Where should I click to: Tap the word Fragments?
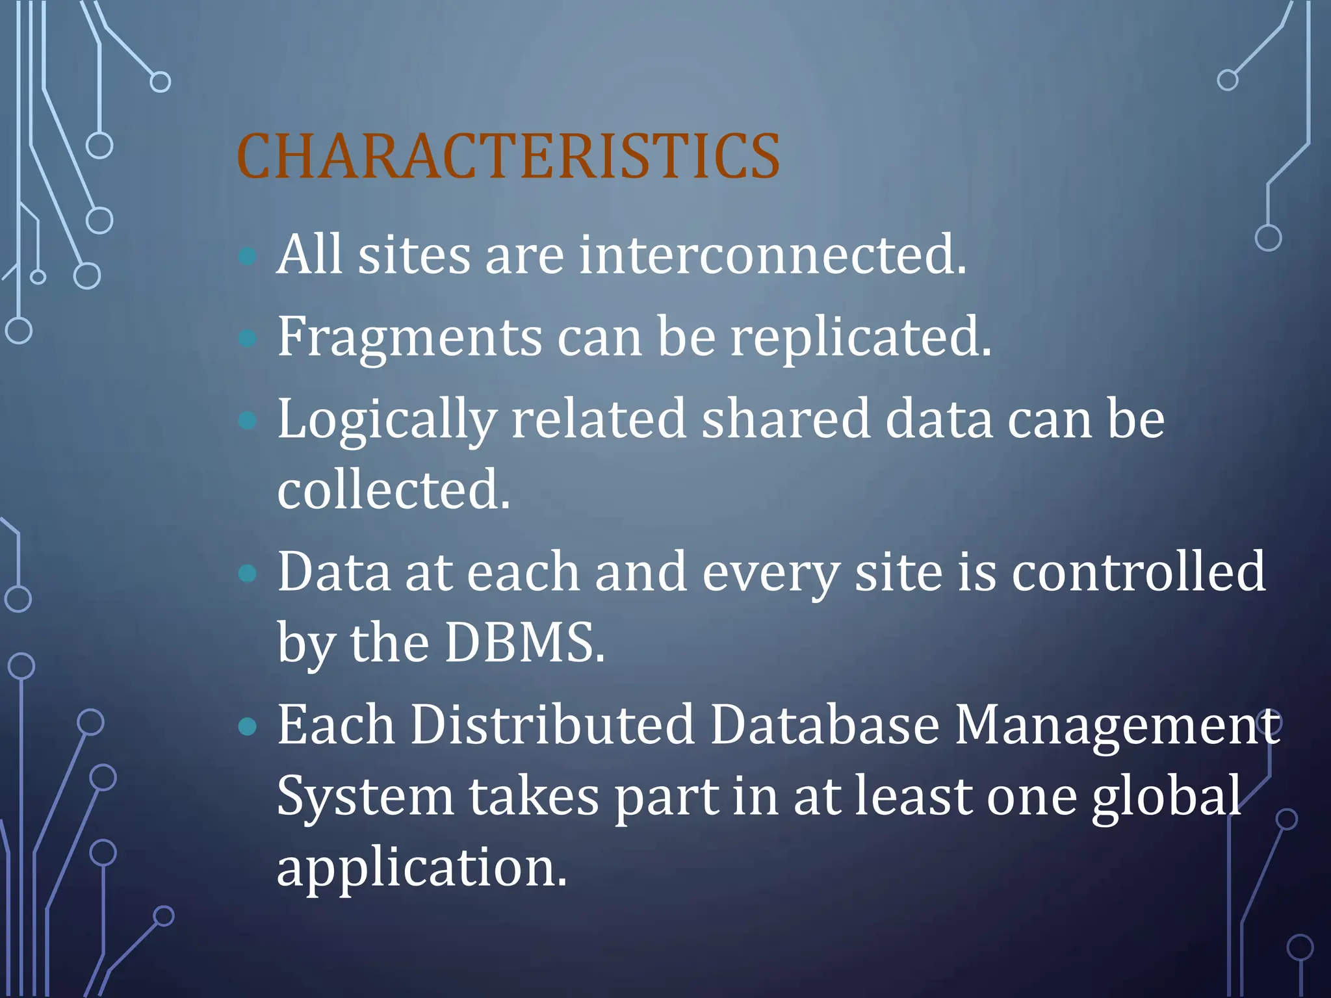point(409,338)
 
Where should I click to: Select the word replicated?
point(860,338)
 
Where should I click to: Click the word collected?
point(393,490)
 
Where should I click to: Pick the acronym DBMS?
point(524,643)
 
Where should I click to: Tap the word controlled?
point(1138,572)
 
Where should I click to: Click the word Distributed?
point(552,725)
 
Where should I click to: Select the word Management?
point(1117,726)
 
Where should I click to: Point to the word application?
point(421,868)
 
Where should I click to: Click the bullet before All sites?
point(248,256)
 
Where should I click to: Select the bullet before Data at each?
point(248,573)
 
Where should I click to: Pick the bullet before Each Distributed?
point(248,726)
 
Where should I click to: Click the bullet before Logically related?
point(248,420)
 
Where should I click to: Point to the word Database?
point(824,725)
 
